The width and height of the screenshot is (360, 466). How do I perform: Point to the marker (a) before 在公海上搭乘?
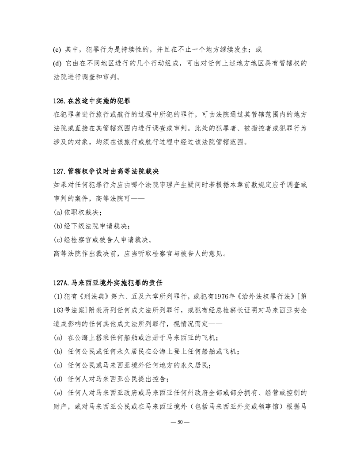[57, 337]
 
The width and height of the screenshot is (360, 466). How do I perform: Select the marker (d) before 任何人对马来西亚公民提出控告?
[57, 379]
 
